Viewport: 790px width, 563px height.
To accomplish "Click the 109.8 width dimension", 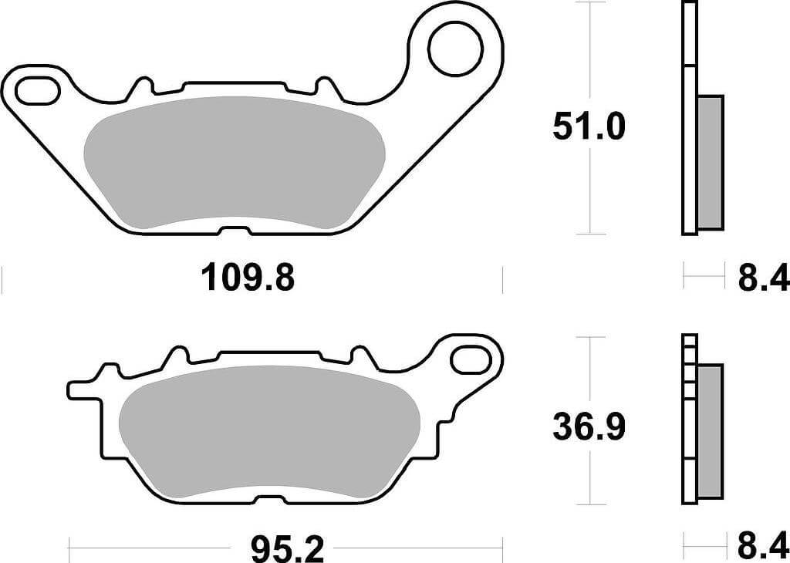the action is tap(248, 278).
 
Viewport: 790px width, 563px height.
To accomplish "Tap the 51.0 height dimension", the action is tap(589, 126).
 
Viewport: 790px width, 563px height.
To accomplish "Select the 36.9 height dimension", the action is tap(589, 427).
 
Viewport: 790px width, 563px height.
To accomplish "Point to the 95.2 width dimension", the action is tap(286, 550).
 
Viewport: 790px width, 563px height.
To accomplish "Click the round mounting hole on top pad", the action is tap(455, 49).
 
